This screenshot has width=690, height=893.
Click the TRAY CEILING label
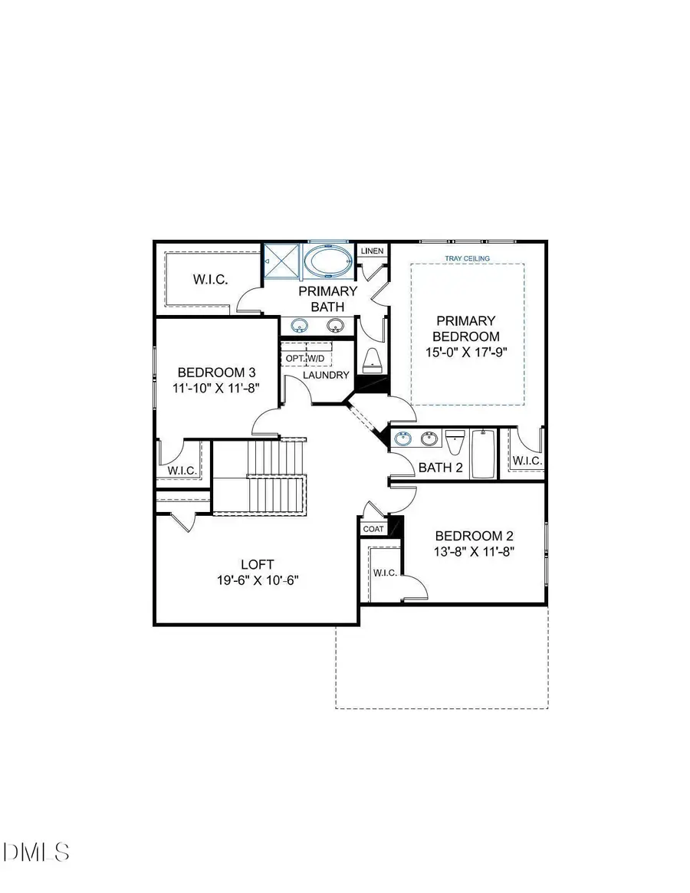click(x=467, y=259)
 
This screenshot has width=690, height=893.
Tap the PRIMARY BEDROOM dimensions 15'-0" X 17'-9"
click(x=466, y=352)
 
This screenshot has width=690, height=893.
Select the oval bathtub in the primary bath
click(x=328, y=261)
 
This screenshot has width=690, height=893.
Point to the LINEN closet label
click(x=372, y=251)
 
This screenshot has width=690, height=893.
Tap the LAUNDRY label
click(x=326, y=375)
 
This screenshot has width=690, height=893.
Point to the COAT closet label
click(x=373, y=529)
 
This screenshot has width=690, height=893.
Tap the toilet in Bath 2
click(x=455, y=443)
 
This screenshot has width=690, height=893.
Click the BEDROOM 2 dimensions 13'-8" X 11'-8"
click(x=473, y=551)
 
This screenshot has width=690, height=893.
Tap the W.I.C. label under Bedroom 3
click(x=182, y=470)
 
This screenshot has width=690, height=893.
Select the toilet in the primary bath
click(x=372, y=359)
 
